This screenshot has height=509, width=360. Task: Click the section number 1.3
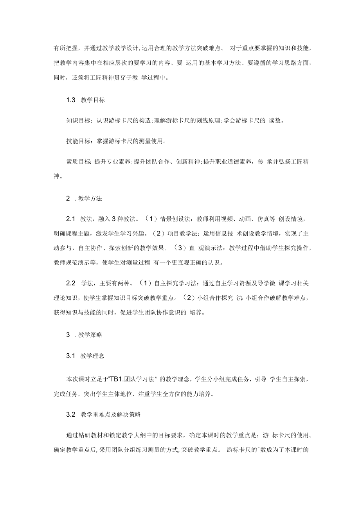pyautogui.click(x=70, y=100)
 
